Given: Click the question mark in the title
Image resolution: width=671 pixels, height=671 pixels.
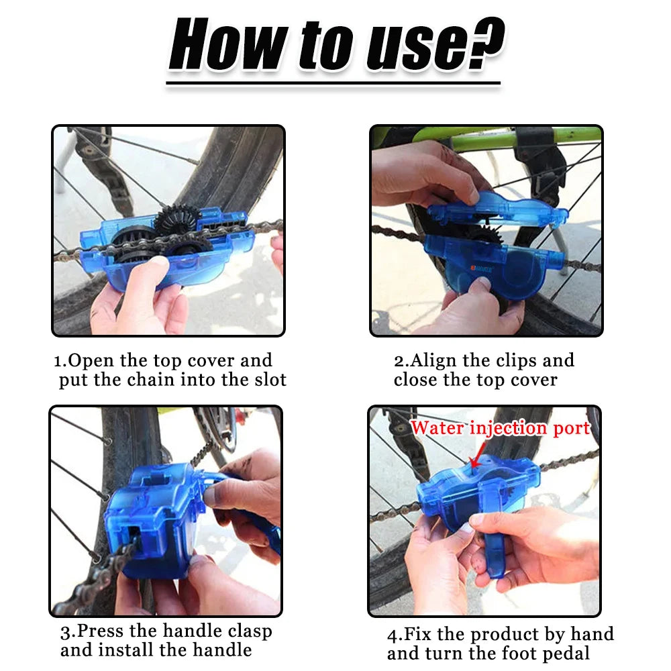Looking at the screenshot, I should coord(482,46).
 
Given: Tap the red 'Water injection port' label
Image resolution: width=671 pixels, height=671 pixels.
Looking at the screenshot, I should coord(500,428).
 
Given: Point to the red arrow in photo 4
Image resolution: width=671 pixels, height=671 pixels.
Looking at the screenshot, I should coord(474,460).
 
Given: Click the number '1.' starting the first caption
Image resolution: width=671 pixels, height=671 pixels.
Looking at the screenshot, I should coord(60,361).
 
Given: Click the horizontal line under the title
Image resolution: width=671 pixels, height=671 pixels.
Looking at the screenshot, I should coord(333,84).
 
